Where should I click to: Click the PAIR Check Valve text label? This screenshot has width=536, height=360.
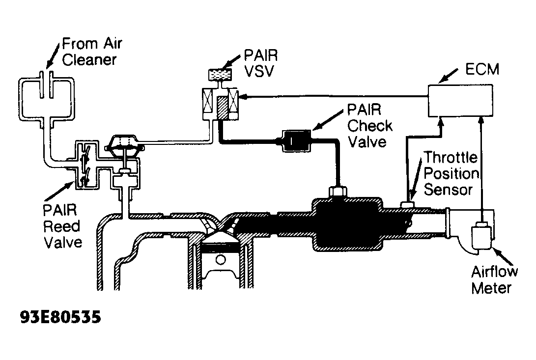[x=369, y=125]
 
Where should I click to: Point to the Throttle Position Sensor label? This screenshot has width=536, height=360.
[x=451, y=173]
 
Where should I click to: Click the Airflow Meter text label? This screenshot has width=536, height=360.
[x=491, y=279]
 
